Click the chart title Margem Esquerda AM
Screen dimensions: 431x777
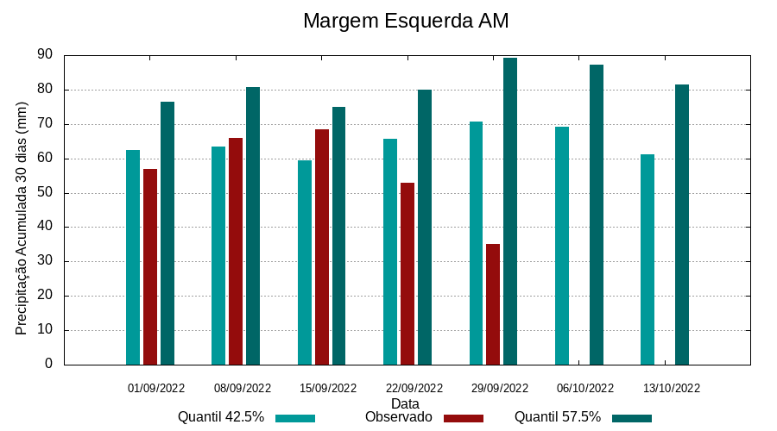(x=406, y=21)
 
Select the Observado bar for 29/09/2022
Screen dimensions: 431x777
(x=493, y=304)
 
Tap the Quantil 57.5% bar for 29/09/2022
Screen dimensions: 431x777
(x=510, y=211)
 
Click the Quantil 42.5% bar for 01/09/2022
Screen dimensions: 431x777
(x=133, y=257)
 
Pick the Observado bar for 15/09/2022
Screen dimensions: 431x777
(x=322, y=247)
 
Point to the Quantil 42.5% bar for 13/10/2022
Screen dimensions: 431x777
(x=647, y=259)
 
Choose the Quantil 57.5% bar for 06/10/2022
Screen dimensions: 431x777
(x=597, y=215)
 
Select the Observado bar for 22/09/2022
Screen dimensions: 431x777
(x=407, y=273)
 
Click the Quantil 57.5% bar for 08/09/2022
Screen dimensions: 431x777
(x=253, y=226)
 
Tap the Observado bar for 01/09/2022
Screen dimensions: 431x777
(x=150, y=266)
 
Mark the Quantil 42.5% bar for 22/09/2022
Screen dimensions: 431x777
(x=390, y=252)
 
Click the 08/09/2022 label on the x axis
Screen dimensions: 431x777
(x=243, y=388)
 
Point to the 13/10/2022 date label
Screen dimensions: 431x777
(x=672, y=388)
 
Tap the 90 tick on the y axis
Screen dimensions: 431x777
(x=45, y=55)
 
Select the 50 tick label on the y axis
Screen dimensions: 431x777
(x=45, y=192)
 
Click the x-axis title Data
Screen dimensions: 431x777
(x=405, y=403)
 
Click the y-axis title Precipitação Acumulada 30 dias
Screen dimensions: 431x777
(x=22, y=216)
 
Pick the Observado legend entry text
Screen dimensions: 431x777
(x=399, y=417)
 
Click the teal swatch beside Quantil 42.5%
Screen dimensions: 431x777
(x=295, y=418)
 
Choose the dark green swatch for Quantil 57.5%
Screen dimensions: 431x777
(x=632, y=418)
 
